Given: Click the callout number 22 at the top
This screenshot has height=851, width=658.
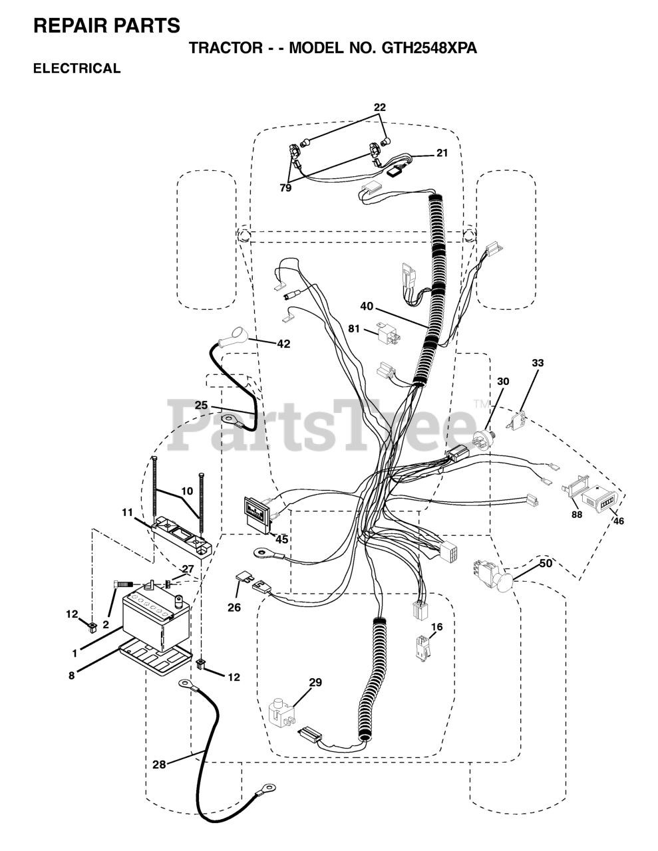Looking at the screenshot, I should pyautogui.click(x=379, y=107).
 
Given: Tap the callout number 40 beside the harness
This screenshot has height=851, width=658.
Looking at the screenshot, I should pyautogui.click(x=367, y=306).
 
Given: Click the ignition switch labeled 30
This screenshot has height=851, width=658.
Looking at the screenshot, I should pyautogui.click(x=484, y=439).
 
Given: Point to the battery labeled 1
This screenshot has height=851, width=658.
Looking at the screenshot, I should pyautogui.click(x=156, y=618).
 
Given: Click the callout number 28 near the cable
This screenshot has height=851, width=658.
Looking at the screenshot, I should pyautogui.click(x=158, y=765).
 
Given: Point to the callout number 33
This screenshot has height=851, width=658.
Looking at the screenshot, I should pyautogui.click(x=538, y=363).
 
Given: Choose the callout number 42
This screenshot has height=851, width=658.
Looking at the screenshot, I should pyautogui.click(x=283, y=344).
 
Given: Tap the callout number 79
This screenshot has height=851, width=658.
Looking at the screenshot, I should pyautogui.click(x=285, y=189).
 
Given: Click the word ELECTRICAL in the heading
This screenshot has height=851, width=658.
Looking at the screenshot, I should pyautogui.click(x=77, y=68).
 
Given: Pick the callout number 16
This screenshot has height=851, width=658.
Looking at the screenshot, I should pyautogui.click(x=436, y=626).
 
